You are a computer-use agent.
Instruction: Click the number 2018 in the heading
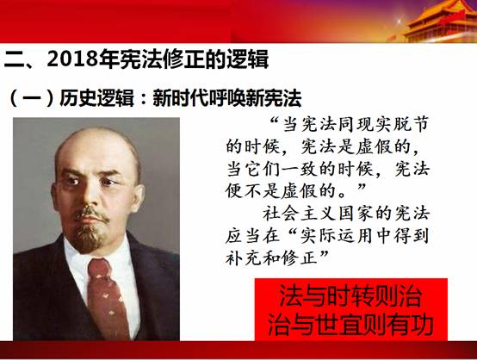click(72, 59)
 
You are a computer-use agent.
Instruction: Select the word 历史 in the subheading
click(77, 98)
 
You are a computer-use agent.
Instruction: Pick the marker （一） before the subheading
click(32, 98)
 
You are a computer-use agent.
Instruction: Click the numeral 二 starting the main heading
click(14, 59)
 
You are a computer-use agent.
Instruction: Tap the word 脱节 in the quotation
click(411, 125)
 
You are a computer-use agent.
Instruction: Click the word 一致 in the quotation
click(300, 169)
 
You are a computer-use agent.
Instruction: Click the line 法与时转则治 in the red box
click(350, 295)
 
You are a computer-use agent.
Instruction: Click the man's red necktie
click(107, 299)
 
